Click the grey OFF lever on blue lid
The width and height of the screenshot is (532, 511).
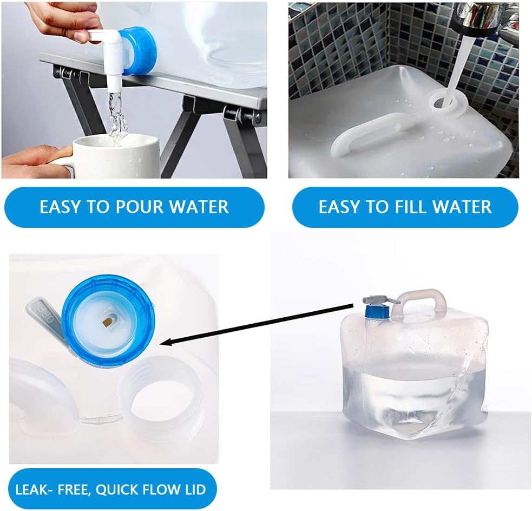(x=46, y=317)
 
